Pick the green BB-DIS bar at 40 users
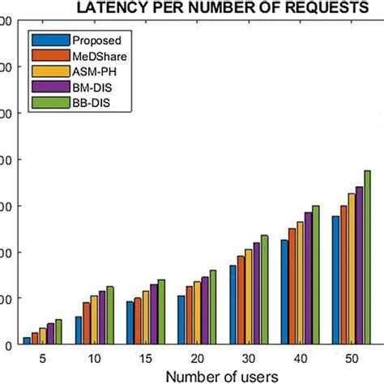(316, 275)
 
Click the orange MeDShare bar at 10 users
(87, 323)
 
